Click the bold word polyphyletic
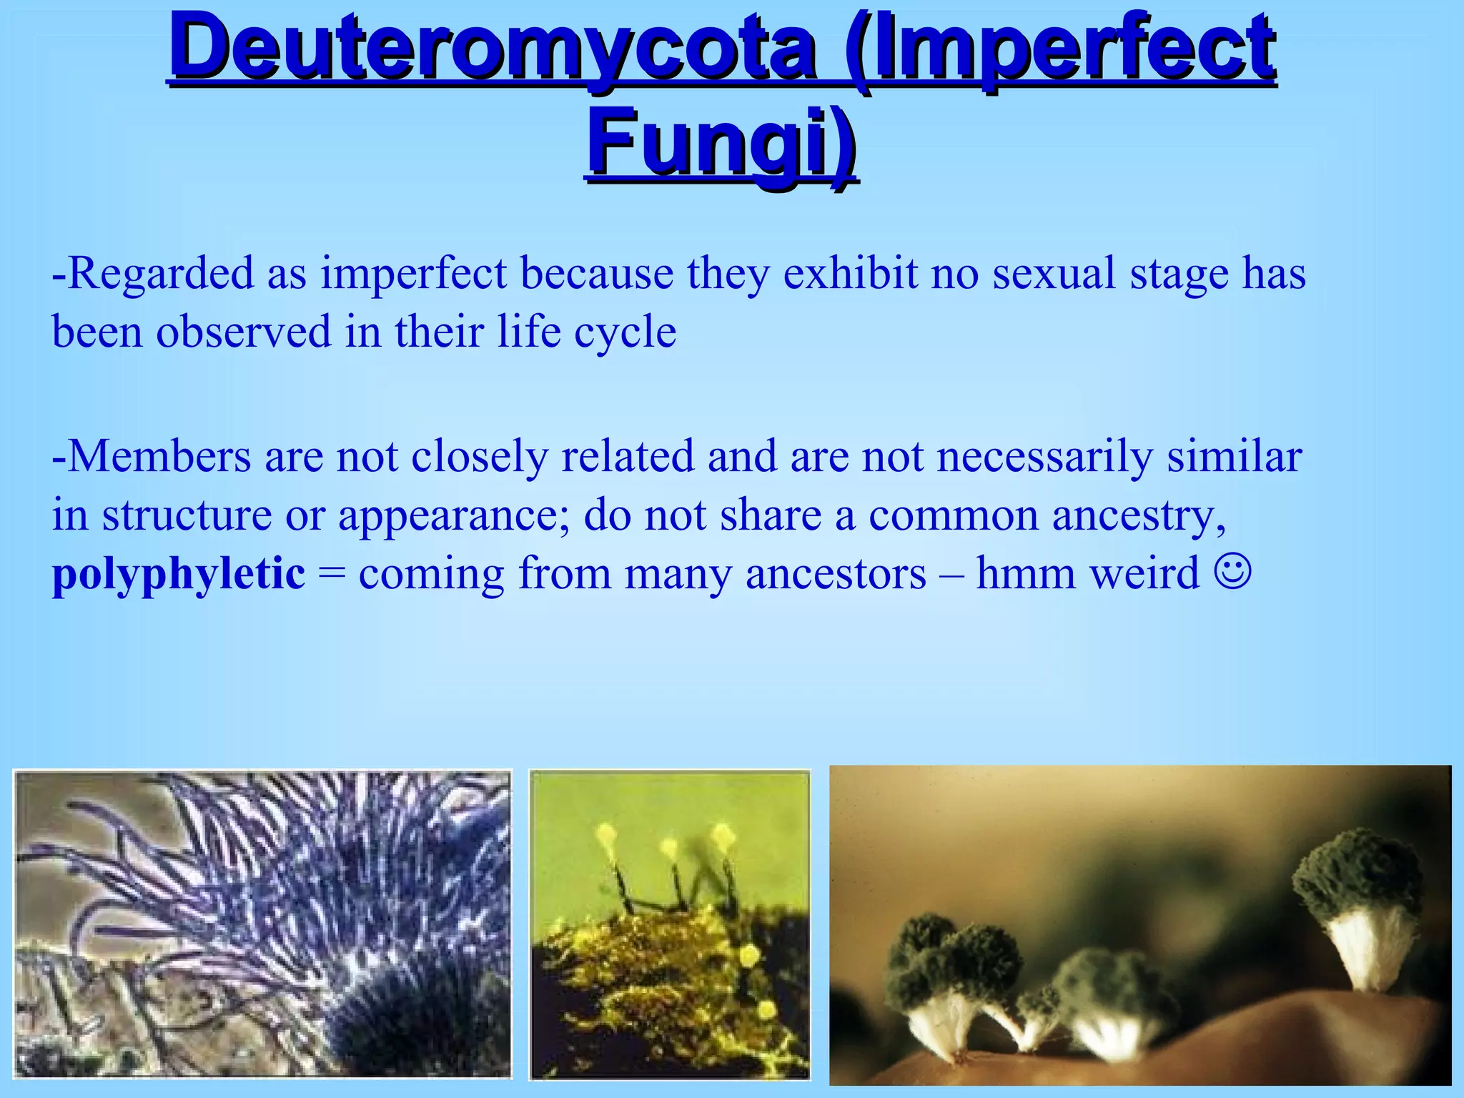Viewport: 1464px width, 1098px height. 179,573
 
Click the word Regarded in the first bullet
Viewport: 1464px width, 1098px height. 161,274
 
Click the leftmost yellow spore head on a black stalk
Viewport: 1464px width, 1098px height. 607,835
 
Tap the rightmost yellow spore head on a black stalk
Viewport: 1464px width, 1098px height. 722,835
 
